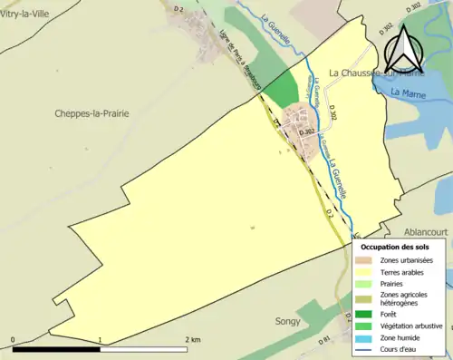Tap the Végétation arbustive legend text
pos(412,326)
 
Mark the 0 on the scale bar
pos(13,339)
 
